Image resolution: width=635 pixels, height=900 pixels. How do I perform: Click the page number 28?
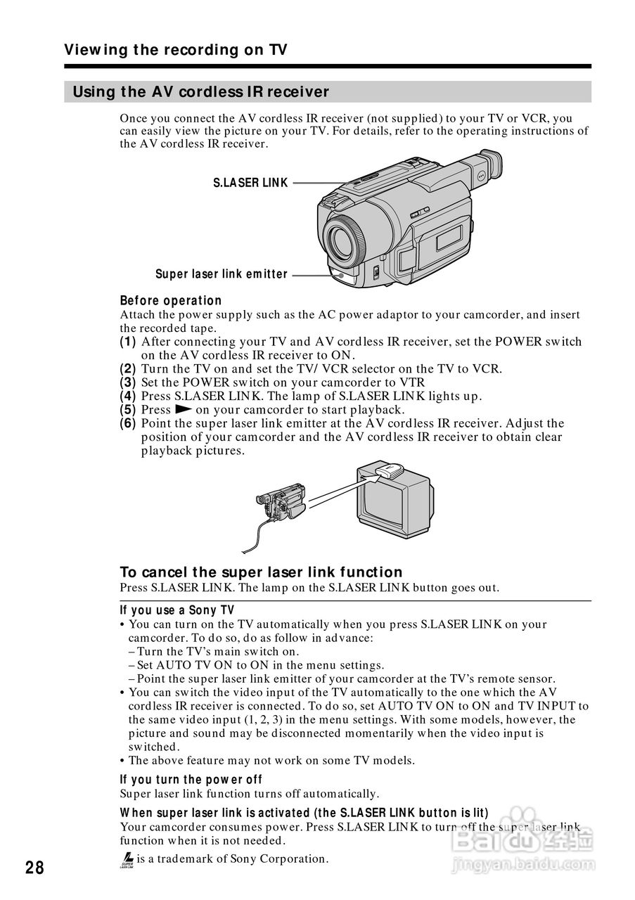point(34,868)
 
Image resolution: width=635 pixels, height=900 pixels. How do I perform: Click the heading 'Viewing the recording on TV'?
point(176,50)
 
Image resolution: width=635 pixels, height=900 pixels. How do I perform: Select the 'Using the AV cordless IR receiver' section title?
point(201,92)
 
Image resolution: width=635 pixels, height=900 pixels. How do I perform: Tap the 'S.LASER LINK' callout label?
point(250,183)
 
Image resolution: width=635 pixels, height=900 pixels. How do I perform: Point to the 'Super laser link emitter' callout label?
point(222,274)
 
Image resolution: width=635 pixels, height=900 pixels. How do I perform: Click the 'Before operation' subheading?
point(171,300)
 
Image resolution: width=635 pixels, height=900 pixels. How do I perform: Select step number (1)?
point(127,342)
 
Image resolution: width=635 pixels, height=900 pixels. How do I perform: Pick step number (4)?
point(127,396)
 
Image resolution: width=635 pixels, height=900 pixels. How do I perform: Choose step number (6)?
point(127,423)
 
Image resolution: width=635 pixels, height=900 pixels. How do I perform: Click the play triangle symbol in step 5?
point(183,409)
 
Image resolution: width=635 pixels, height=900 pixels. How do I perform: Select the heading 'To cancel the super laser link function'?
point(261,572)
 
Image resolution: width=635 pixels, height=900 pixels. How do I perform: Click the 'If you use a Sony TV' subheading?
point(177,610)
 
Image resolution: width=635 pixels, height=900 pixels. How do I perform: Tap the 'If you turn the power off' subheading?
point(191,779)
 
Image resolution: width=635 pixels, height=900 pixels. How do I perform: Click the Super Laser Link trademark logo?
point(127,859)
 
